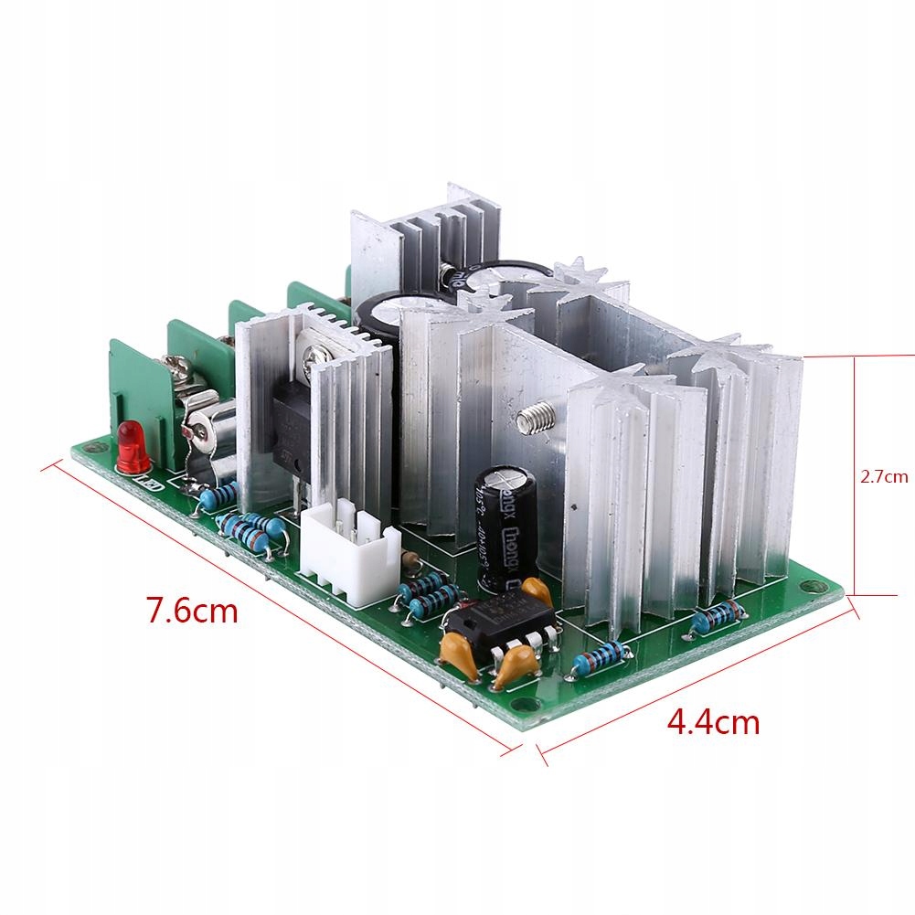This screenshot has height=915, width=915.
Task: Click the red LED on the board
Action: pos(127,445)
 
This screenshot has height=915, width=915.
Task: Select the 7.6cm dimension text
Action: pos(193,609)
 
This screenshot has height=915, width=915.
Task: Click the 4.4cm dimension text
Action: pos(713,722)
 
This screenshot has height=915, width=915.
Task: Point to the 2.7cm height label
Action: pos(884,475)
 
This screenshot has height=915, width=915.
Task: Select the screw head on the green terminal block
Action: pos(179,370)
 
